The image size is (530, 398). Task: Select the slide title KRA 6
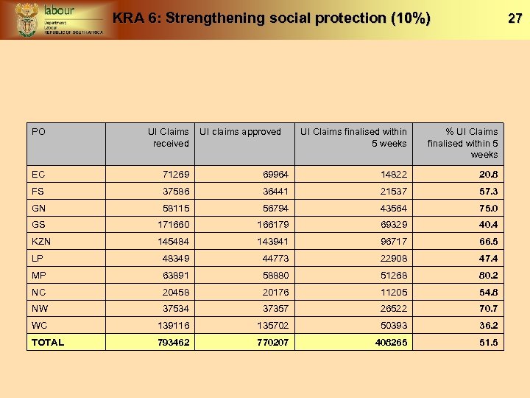(271, 18)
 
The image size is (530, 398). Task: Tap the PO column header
(39, 132)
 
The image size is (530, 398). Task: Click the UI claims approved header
(241, 132)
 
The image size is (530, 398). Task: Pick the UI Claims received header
(169, 138)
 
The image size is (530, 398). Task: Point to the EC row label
(38, 175)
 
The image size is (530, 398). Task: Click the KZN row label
(41, 242)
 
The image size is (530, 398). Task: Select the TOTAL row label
(48, 343)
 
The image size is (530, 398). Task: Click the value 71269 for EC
(175, 175)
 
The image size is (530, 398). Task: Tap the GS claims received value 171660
(173, 225)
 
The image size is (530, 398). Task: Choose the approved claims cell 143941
(271, 242)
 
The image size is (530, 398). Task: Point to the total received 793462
(172, 343)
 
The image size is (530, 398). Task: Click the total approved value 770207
(270, 343)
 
